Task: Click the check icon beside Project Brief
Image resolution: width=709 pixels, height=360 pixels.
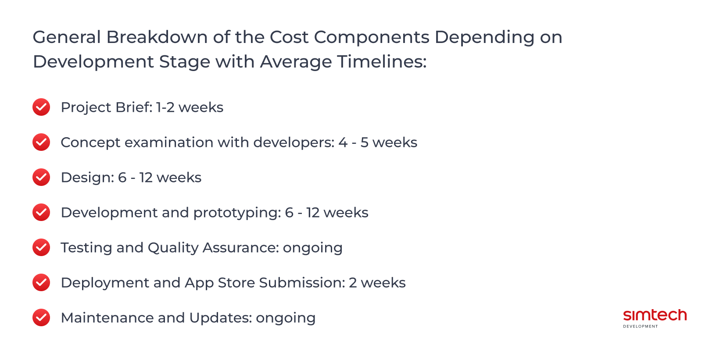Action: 41,107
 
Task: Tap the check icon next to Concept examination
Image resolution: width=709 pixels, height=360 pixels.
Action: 41,142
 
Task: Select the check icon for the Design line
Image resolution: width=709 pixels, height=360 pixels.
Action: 41,177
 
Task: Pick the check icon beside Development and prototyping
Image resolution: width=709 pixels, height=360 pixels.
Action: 41,212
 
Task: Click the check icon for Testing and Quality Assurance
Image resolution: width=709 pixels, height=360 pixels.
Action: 41,247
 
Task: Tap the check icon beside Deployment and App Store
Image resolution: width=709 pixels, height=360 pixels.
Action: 41,282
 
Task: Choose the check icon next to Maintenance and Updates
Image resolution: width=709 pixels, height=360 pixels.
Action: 41,317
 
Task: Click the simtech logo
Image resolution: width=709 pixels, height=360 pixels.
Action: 655,317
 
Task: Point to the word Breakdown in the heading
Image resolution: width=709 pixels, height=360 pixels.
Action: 157,37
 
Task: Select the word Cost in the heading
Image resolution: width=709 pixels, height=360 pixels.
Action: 289,37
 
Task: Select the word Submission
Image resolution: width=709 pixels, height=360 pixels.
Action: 302,283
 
